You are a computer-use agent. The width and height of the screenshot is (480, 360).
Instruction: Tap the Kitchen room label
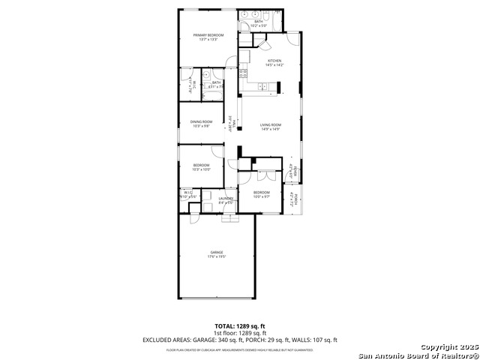point(274,60)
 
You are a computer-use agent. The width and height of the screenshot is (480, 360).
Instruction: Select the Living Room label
point(270,124)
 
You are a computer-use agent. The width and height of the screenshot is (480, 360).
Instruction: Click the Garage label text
point(217,252)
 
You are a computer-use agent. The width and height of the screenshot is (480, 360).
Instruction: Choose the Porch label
point(295,199)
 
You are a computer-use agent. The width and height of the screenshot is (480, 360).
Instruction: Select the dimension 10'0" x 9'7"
point(261,196)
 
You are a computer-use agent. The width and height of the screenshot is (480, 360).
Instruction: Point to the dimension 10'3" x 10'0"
point(201,169)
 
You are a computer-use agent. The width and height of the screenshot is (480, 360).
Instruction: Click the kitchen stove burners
point(243,73)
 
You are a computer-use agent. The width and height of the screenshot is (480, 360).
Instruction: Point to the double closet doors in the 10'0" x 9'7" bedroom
point(262,177)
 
